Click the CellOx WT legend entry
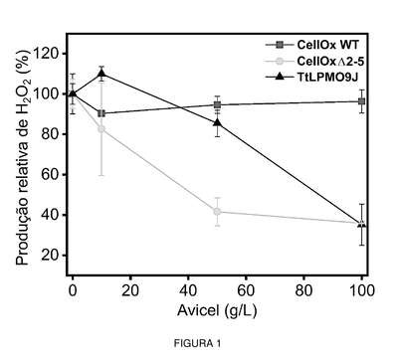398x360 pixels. coord(312,45)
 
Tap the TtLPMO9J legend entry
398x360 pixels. coord(312,77)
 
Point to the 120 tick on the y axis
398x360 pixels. coord(50,54)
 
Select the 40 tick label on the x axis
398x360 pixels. coord(188,290)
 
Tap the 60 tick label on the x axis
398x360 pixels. coord(246,290)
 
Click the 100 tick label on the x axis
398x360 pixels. coord(362,290)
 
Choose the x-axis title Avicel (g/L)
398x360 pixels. coord(217,311)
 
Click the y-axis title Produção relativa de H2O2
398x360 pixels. coord(24,158)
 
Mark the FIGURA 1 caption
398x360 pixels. coord(197,344)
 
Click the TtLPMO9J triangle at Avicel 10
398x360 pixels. coord(101,73)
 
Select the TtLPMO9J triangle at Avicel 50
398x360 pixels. coord(217,122)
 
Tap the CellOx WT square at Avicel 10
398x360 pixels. coord(101,113)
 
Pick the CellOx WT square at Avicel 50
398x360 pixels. coord(217,105)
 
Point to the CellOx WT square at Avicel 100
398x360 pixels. coord(362,101)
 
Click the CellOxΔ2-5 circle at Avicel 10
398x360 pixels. coord(101,128)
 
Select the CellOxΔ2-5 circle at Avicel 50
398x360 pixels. coord(217,211)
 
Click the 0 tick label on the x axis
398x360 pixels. coord(73,290)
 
